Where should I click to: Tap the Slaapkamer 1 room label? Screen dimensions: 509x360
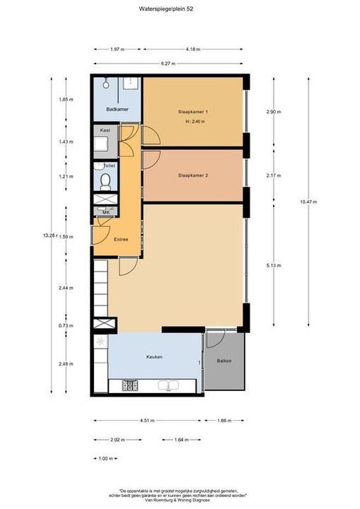(x=193, y=112)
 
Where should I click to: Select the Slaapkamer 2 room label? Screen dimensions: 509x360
(x=193, y=175)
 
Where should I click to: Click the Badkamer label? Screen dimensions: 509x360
(x=116, y=110)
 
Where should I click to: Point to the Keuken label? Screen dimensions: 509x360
(x=154, y=357)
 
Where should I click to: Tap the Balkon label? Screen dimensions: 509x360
(x=223, y=361)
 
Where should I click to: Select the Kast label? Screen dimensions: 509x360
(x=105, y=131)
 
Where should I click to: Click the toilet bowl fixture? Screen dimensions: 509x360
(x=105, y=182)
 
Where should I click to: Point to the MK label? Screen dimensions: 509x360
(x=105, y=212)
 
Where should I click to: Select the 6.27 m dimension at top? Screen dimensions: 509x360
(x=168, y=64)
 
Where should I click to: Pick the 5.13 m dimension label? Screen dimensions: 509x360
(x=273, y=266)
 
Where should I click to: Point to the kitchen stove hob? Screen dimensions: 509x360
(x=129, y=385)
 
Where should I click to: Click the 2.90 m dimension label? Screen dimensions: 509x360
(x=273, y=112)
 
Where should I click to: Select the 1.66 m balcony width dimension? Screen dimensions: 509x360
(x=226, y=421)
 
